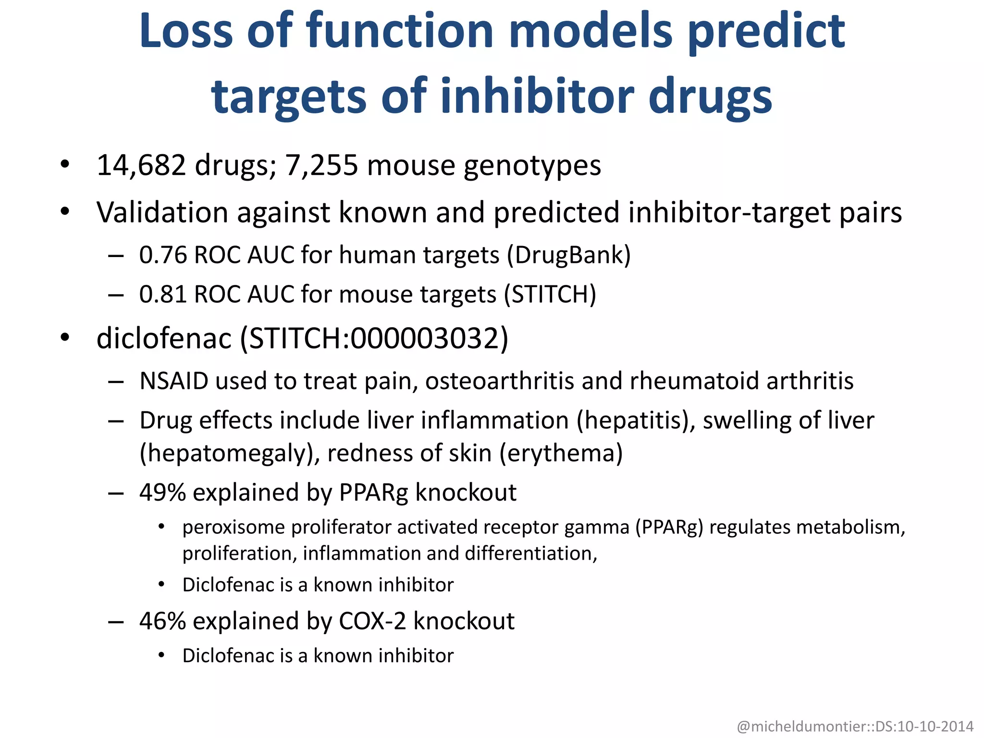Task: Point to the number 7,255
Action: (x=321, y=165)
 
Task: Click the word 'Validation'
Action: (x=162, y=212)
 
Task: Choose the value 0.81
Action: (x=162, y=294)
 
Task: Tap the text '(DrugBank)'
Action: (x=569, y=255)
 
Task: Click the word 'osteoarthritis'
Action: (x=500, y=381)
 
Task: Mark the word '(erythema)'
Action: (x=561, y=453)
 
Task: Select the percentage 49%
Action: (x=162, y=492)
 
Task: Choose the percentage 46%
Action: (x=162, y=621)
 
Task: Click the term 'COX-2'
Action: (x=372, y=621)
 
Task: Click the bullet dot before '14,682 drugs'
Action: (x=65, y=165)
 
